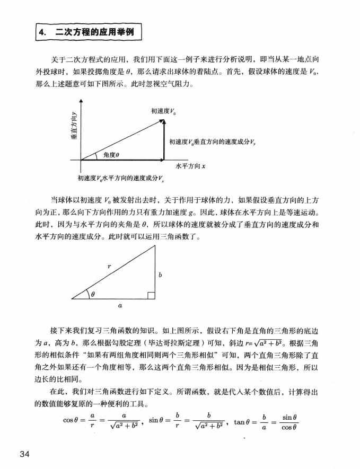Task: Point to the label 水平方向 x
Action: pos(190,166)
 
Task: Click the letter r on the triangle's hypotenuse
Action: pos(109,268)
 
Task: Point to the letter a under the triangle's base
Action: pos(120,306)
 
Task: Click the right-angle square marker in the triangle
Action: pos(151,295)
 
